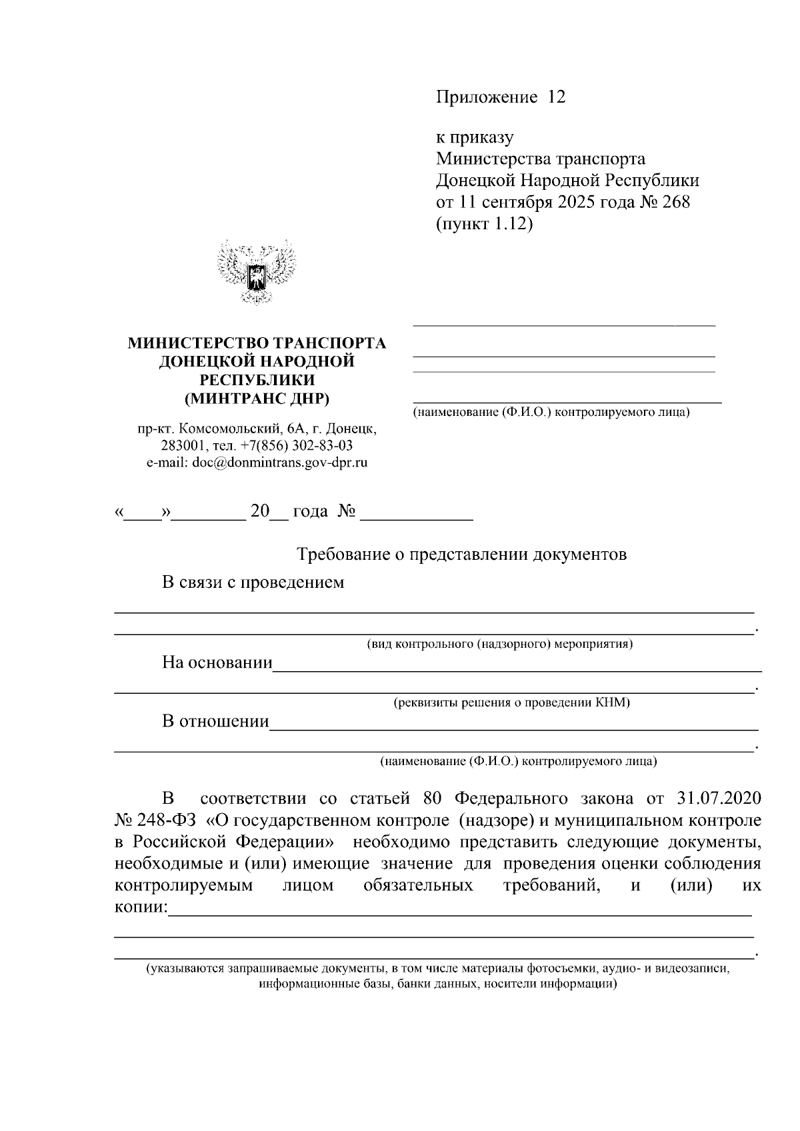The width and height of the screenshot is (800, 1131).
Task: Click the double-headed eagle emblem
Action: point(257,273)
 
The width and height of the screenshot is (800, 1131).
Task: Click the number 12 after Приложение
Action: point(556,97)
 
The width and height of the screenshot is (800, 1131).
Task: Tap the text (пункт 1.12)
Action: point(485,223)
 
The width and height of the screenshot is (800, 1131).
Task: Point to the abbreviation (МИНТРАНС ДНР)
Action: point(257,399)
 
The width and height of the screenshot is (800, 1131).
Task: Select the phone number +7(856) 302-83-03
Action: point(297,445)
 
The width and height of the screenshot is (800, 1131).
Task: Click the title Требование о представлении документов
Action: point(461,555)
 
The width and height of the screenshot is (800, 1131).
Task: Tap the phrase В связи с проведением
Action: point(253,582)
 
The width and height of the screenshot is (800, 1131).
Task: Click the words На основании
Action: point(217,662)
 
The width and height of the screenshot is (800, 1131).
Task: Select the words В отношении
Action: point(215,721)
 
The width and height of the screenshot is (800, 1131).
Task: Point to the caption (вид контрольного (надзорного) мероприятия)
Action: point(500,644)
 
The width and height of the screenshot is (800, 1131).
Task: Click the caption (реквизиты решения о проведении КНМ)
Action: point(511,702)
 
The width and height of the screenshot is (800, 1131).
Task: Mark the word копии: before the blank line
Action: point(141,908)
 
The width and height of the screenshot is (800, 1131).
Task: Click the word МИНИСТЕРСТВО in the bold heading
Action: point(199,343)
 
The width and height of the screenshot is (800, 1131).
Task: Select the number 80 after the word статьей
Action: point(434,798)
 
